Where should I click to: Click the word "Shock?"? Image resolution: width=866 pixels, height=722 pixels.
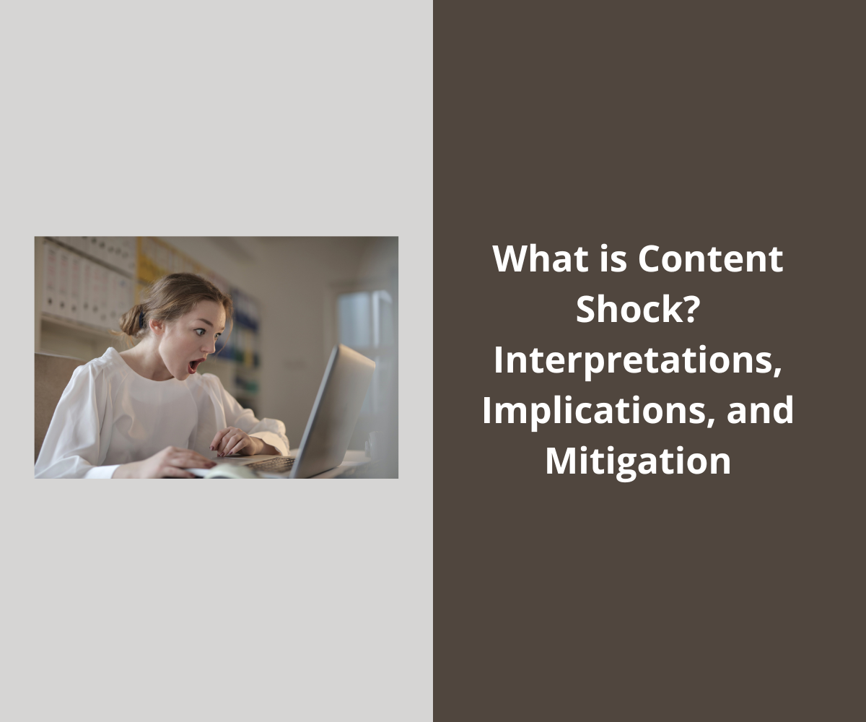[638, 309]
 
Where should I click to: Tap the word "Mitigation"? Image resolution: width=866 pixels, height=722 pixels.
[638, 461]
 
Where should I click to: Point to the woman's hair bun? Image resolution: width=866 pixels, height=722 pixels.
[133, 318]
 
